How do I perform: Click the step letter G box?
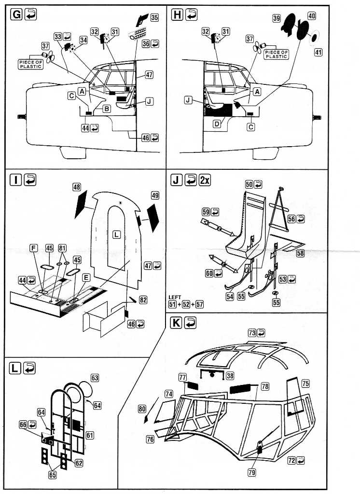coord(16,15)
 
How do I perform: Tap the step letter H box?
coord(177,15)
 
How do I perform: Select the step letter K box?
coord(177,323)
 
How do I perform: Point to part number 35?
coord(154,17)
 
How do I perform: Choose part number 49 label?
coord(155,195)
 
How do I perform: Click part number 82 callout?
coord(142,300)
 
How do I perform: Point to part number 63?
coord(95,378)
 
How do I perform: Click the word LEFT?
coord(176,297)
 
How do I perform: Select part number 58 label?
coord(300,253)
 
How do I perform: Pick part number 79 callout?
coord(251,472)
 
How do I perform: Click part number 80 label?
coord(142,409)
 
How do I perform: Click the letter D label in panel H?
coord(217,124)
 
